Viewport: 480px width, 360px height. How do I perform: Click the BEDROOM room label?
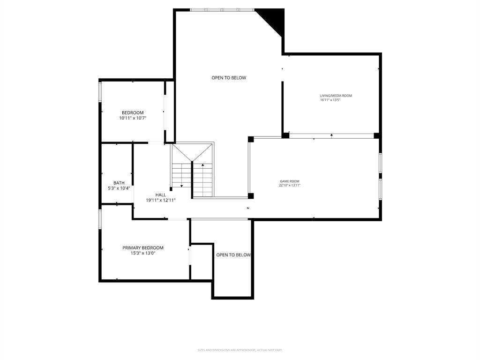click(133, 112)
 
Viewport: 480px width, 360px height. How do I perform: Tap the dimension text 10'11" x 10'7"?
click(133, 119)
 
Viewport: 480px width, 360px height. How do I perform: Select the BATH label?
click(119, 183)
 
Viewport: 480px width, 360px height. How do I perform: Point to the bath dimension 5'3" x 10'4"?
click(119, 188)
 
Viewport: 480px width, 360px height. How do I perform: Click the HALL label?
click(161, 195)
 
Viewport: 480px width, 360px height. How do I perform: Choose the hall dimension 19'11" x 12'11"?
click(161, 200)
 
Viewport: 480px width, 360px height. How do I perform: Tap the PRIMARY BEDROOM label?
click(143, 247)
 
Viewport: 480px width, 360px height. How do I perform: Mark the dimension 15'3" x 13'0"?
click(143, 253)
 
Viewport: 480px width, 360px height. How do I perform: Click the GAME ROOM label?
click(290, 181)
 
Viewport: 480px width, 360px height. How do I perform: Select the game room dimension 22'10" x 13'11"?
click(290, 185)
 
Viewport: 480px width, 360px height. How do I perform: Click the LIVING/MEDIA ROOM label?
click(336, 96)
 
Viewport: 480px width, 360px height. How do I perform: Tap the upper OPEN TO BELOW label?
click(229, 78)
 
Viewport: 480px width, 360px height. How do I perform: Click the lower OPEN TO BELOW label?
click(233, 255)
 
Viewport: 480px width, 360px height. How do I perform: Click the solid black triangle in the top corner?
click(275, 18)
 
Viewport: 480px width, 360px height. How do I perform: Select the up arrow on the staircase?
click(202, 165)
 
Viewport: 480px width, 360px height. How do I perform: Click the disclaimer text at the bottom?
click(240, 350)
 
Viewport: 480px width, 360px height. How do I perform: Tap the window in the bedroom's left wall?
click(100, 92)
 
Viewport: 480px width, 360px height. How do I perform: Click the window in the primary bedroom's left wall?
click(100, 219)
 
